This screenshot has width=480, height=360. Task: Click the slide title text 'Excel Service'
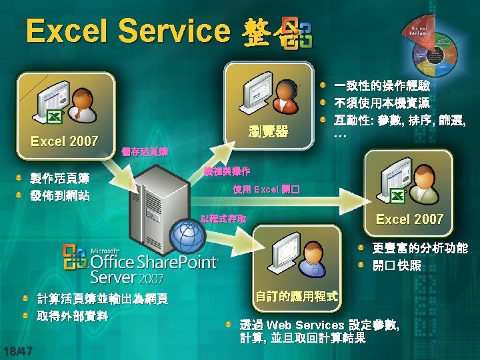coord(127,31)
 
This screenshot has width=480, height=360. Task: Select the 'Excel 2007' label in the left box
coord(65,141)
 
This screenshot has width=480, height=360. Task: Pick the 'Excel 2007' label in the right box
coord(409,219)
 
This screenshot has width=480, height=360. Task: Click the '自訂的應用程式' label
coord(296,295)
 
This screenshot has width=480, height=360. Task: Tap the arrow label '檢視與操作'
coord(227,171)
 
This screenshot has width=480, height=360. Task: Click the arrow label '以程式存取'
coord(224,218)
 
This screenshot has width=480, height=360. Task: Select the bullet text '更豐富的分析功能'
coord(419,248)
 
